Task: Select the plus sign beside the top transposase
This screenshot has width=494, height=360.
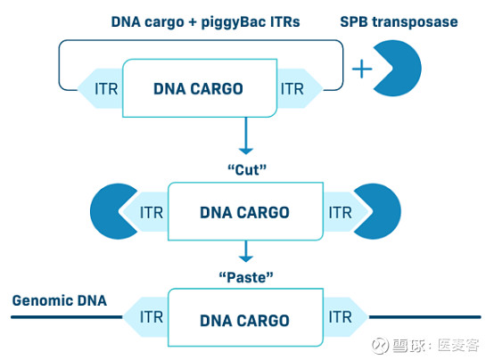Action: pos(361,69)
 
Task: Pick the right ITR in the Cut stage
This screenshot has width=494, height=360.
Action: pos(339,213)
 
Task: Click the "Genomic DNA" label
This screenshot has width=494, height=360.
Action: pos(60,300)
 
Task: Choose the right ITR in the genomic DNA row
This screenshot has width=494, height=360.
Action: pos(339,317)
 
